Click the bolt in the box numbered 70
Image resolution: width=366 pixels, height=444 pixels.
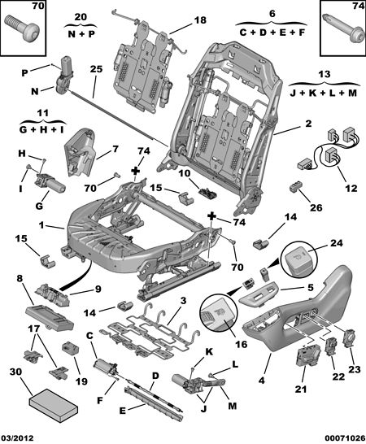pos(23,30)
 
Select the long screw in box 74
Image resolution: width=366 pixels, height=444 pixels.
pos(343,28)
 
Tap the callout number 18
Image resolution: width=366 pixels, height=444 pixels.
pos(200,20)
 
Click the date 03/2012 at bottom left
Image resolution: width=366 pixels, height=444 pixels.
pos(17,438)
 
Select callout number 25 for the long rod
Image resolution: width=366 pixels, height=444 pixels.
pos(96,69)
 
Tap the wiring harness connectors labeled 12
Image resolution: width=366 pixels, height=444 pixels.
pos(328,150)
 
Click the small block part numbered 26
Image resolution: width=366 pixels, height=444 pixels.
pos(294,187)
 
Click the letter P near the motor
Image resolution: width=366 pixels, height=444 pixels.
pos(24,73)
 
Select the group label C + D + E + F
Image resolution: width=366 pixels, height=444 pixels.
pos(272,33)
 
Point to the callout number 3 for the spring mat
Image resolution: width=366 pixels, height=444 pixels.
pos(183,300)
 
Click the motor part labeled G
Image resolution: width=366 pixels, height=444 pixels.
pos(50,184)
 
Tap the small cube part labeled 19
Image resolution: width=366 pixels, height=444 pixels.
pos(70,348)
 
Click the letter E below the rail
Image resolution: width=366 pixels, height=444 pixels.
pos(122,411)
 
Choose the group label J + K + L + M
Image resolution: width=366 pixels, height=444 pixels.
pos(323,93)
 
